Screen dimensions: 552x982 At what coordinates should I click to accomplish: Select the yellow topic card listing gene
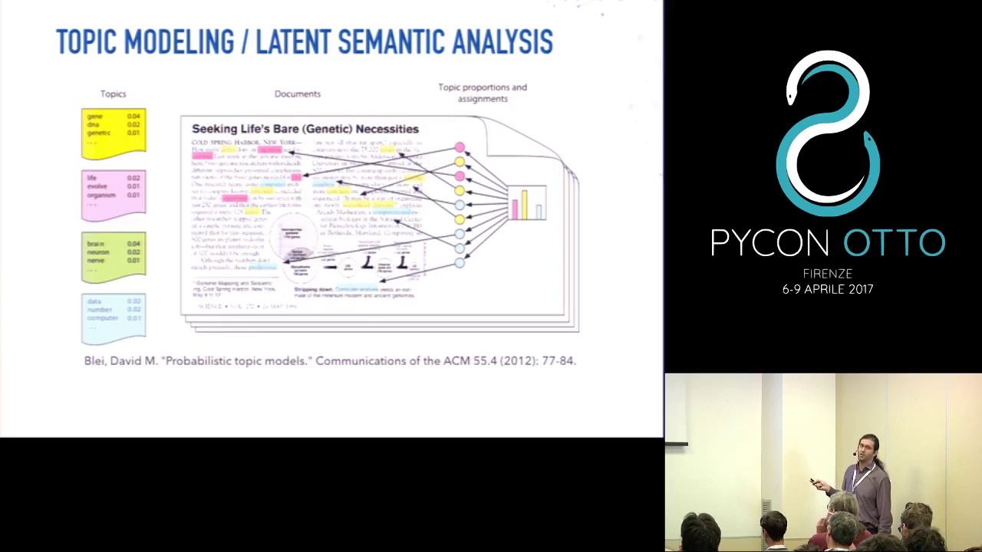point(114,133)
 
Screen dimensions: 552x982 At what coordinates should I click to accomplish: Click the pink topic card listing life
point(114,195)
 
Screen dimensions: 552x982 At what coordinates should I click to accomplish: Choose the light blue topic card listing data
point(114,317)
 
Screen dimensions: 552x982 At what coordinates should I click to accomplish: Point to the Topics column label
point(113,94)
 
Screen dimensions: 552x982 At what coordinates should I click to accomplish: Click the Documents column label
point(298,94)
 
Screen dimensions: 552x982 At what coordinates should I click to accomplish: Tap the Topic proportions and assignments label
point(483,93)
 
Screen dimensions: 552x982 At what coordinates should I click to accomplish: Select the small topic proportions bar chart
point(527,203)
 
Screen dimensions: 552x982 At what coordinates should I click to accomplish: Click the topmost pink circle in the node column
point(459,147)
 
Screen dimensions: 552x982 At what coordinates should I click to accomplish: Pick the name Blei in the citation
point(94,360)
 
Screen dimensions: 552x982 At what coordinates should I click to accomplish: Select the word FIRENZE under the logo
point(827,274)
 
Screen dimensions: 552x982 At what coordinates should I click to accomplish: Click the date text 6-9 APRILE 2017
point(827,289)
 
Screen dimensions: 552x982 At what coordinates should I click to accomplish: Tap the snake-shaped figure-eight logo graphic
point(827,134)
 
